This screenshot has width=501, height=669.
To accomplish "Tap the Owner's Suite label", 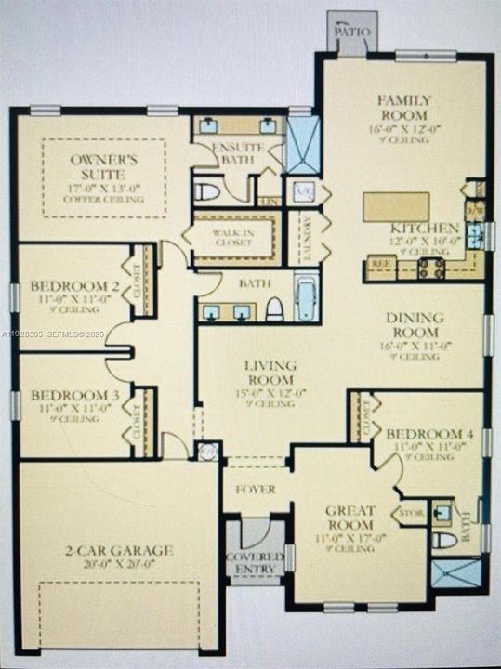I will pyautogui.click(x=103, y=166).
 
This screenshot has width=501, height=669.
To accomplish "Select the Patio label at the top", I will pyautogui.click(x=352, y=32).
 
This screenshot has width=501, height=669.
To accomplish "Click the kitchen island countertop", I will pyautogui.click(x=396, y=206).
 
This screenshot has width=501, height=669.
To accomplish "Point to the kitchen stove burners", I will pyautogui.click(x=430, y=269).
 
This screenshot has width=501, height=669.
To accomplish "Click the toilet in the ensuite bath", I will pyautogui.click(x=206, y=192).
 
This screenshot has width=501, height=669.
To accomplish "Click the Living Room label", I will pyautogui.click(x=270, y=372).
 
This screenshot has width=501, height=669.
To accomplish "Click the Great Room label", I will pyautogui.click(x=350, y=518).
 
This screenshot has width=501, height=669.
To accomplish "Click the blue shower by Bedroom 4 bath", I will pyautogui.click(x=456, y=571).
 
